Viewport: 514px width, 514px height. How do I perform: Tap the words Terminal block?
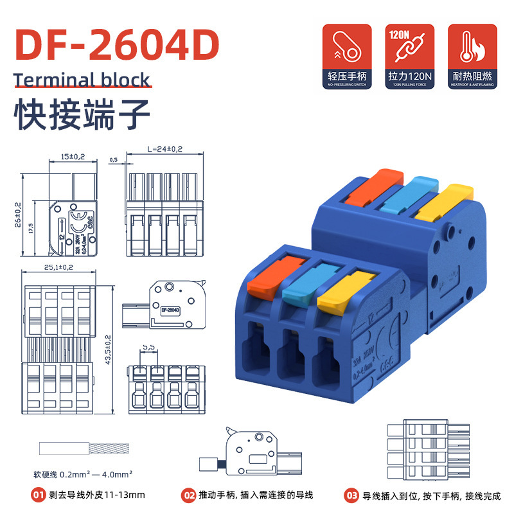82,80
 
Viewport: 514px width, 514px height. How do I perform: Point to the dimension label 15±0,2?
72,157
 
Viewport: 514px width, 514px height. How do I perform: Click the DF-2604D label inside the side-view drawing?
170,310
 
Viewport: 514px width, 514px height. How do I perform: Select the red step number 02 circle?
189,495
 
